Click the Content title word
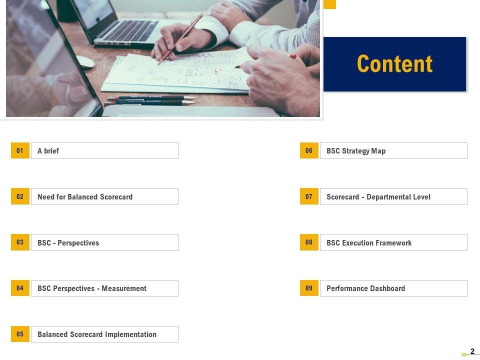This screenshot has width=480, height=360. point(394,63)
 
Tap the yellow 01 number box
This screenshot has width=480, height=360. point(20,150)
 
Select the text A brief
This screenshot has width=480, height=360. point(48,151)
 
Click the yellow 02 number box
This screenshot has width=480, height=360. point(20,196)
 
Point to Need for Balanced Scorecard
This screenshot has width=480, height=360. point(85,197)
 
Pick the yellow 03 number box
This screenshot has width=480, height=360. point(20,242)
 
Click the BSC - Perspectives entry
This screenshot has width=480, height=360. point(68,243)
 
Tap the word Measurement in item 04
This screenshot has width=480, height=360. point(124,288)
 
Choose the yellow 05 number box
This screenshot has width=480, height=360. point(20,334)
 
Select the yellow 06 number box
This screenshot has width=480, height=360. point(309,150)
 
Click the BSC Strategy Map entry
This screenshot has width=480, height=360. point(356,151)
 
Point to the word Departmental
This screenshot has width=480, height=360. point(387,197)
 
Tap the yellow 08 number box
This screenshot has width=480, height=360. point(309,242)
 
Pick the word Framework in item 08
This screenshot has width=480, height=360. point(393,243)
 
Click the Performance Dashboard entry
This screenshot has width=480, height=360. point(365,288)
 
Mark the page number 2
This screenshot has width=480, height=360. point(472,351)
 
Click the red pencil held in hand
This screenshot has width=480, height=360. point(180,39)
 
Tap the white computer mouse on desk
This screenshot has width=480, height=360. point(85,61)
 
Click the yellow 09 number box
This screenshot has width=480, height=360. point(309,288)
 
